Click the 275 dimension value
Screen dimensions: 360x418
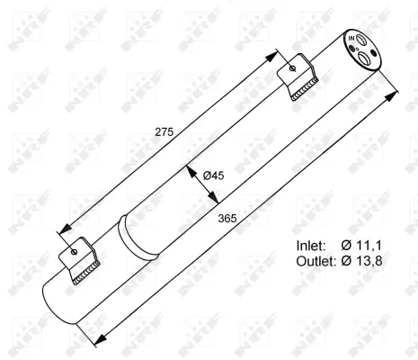[x=164, y=131]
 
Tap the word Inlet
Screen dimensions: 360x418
[x=314, y=245]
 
